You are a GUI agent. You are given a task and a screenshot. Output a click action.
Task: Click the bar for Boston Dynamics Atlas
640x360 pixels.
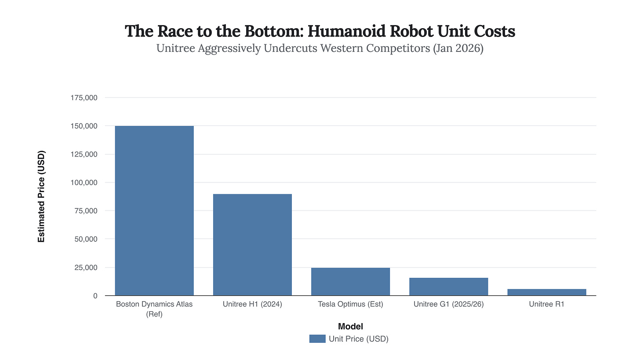(x=154, y=211)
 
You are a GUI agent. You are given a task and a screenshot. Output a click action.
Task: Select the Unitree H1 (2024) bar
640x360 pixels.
(x=252, y=244)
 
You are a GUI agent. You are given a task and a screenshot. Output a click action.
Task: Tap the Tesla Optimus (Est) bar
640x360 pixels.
(x=350, y=281)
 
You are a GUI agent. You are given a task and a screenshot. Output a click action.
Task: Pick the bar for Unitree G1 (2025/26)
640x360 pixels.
(x=448, y=287)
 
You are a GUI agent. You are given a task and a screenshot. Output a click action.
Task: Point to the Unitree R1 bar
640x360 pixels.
(x=546, y=292)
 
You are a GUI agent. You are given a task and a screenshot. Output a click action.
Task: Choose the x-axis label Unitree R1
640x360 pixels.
(x=546, y=304)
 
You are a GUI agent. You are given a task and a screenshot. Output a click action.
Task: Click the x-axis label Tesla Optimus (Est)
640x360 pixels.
(x=350, y=304)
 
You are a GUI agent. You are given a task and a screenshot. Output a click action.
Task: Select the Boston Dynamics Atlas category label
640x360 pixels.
(x=154, y=308)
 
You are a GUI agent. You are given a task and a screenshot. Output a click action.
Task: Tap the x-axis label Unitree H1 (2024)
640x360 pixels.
(x=252, y=304)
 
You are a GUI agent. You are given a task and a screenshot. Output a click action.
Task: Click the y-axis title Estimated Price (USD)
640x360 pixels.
(x=41, y=196)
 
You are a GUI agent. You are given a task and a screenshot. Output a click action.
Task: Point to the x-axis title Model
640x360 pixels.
(x=350, y=326)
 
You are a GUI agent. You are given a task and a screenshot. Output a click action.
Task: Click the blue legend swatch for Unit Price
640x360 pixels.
(x=317, y=338)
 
